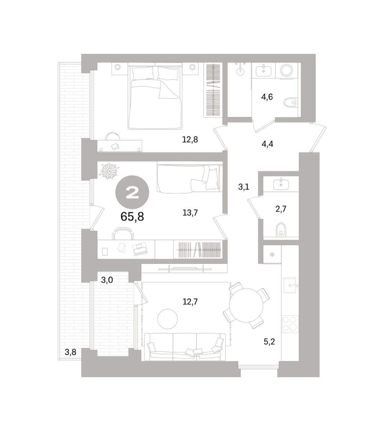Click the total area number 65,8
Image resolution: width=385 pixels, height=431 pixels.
(x=132, y=217)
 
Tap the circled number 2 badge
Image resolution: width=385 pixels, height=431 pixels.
(x=132, y=192)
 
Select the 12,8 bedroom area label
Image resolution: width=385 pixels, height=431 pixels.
(x=190, y=139)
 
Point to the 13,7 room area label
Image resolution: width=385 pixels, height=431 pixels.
(x=190, y=212)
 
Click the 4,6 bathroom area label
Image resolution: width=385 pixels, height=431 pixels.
(x=267, y=97)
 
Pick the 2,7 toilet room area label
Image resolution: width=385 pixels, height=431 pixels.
(x=281, y=209)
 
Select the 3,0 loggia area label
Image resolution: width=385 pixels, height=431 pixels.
(x=107, y=280)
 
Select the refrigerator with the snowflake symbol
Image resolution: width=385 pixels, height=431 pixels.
(x=272, y=255)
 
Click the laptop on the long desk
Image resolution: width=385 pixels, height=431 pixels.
(x=139, y=249)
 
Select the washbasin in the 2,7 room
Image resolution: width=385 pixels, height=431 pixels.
(x=281, y=184)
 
